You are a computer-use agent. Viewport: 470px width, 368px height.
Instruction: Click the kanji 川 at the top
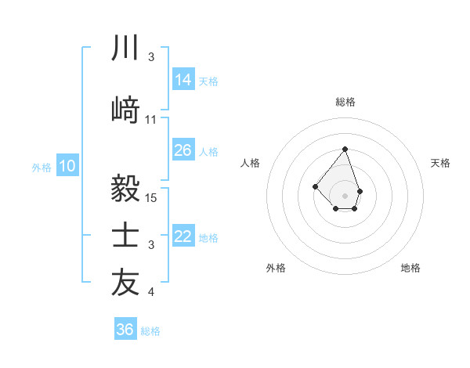click(x=125, y=49)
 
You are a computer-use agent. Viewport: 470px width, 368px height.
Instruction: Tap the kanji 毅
click(x=125, y=188)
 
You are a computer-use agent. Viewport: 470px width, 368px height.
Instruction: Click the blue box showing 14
click(x=183, y=79)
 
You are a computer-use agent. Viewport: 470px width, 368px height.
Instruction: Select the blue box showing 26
click(x=183, y=150)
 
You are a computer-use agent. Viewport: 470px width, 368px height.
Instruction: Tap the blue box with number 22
click(x=183, y=236)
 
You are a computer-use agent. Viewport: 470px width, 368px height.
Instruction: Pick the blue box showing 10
click(x=67, y=166)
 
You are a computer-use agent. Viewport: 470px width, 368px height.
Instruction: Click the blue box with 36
click(x=125, y=330)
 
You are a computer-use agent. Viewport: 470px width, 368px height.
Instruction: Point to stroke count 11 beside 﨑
click(x=151, y=119)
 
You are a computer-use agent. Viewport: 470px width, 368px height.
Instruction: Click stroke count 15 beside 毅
click(x=152, y=198)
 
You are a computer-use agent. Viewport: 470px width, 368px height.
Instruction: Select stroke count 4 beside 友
click(x=151, y=293)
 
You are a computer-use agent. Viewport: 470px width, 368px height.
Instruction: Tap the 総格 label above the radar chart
click(x=345, y=102)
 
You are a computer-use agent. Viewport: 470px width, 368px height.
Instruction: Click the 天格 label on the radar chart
click(x=441, y=163)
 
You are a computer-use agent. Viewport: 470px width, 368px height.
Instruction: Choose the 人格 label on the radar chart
click(x=251, y=163)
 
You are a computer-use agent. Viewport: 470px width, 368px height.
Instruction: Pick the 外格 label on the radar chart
click(x=276, y=268)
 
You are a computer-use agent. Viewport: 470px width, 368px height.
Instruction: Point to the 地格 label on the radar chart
click(x=410, y=268)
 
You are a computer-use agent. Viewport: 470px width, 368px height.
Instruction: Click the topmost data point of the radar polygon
click(x=345, y=148)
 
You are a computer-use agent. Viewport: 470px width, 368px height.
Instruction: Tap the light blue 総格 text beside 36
click(x=150, y=331)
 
